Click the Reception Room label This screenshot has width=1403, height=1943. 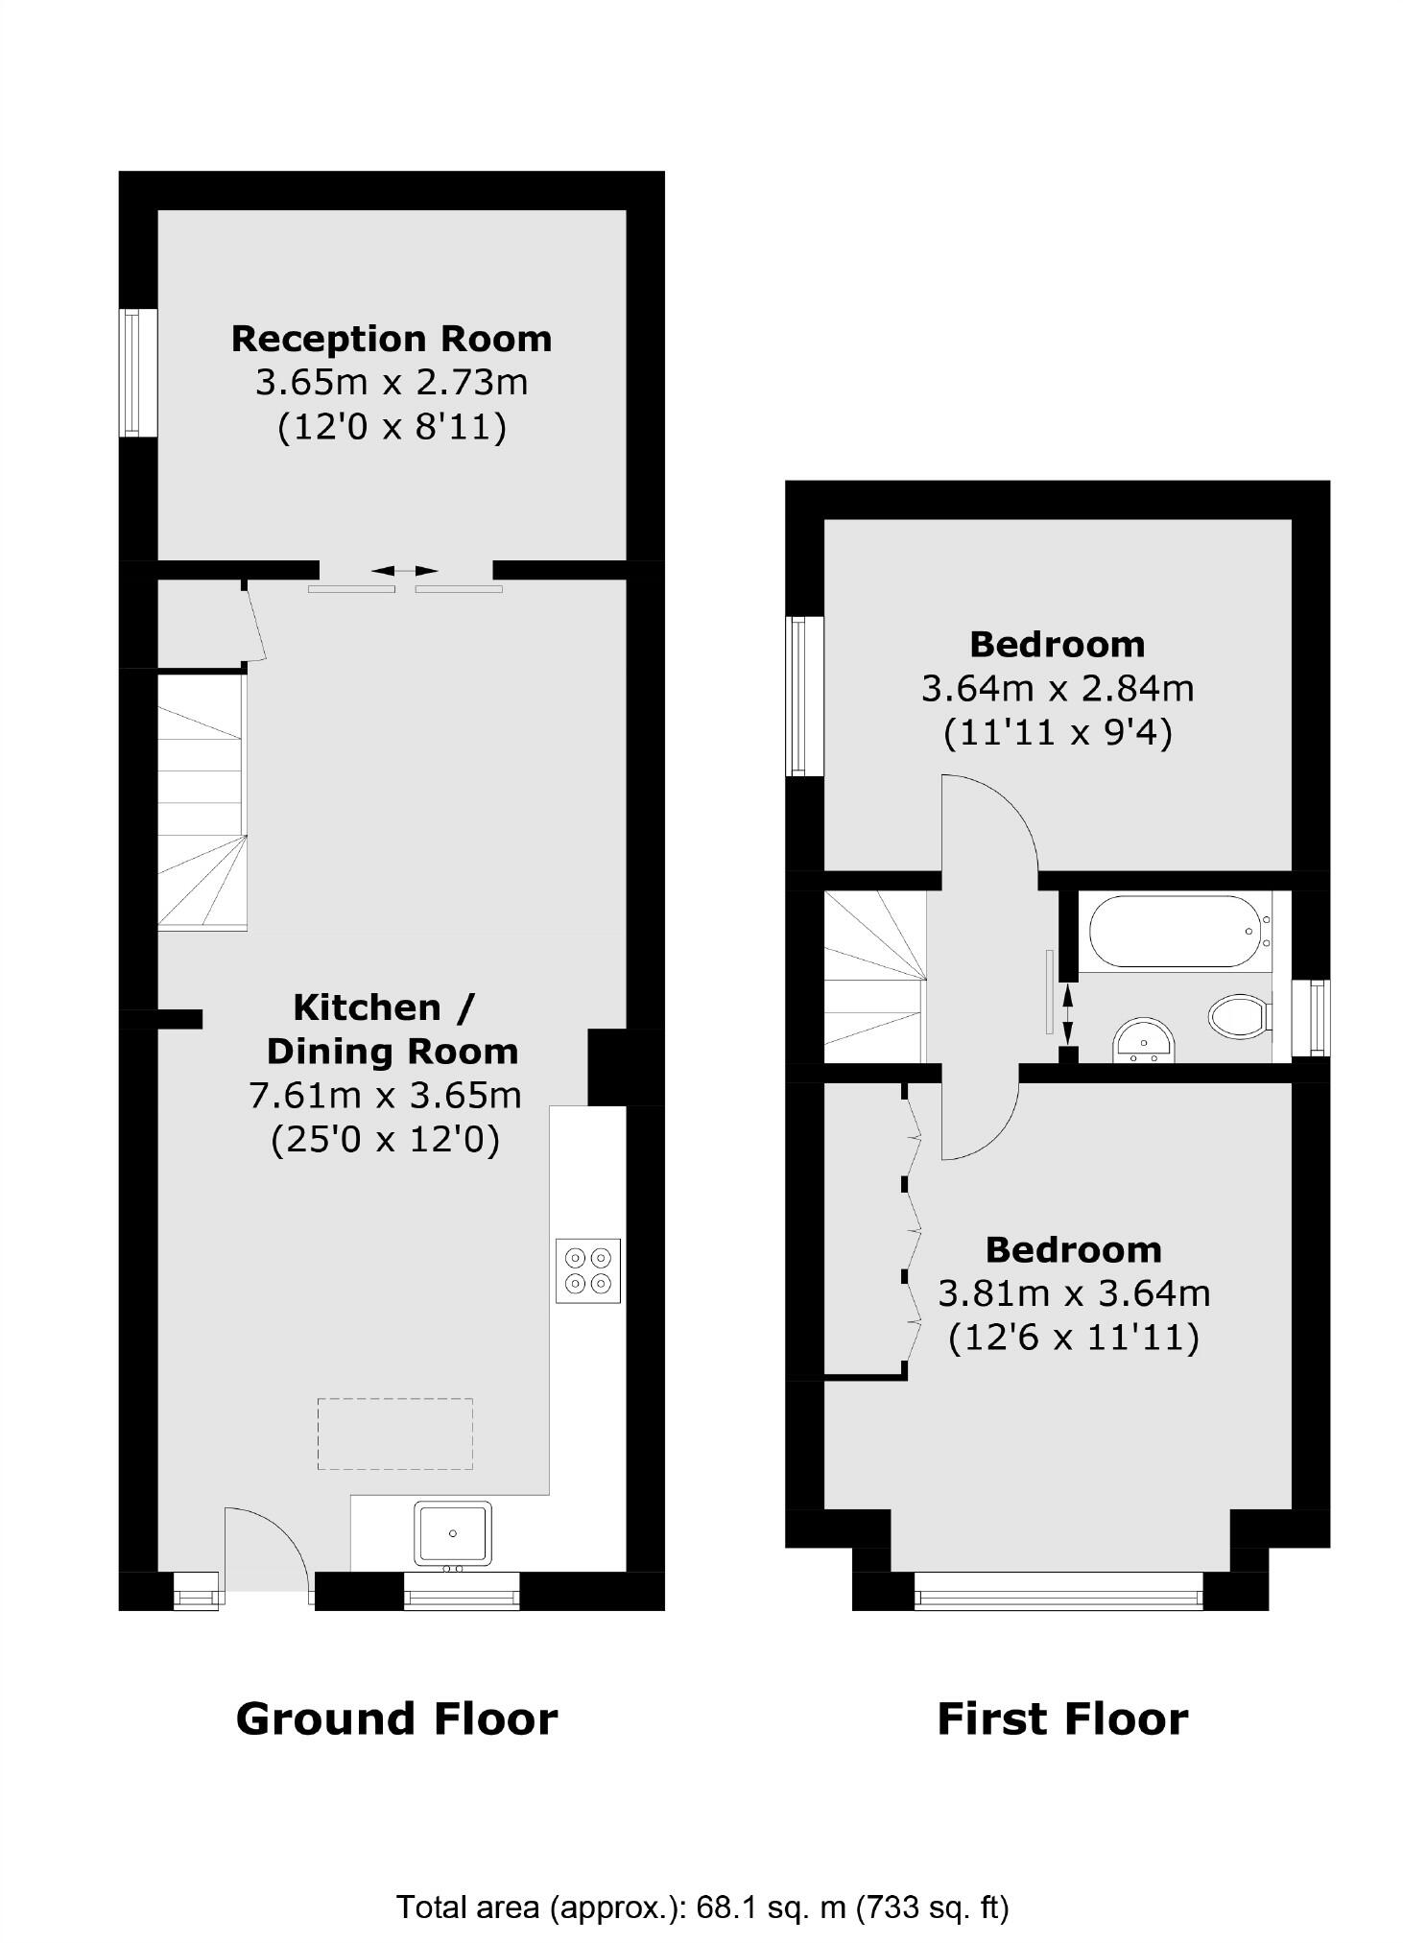pyautogui.click(x=391, y=339)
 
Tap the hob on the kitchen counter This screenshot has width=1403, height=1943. pyautogui.click(x=587, y=1269)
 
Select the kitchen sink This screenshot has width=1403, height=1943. pyautogui.click(x=452, y=1532)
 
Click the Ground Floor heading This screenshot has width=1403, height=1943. pyautogui.click(x=396, y=1718)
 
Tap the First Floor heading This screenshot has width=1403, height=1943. pyautogui.click(x=1061, y=1718)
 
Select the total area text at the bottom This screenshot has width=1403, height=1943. pyautogui.click(x=701, y=1880)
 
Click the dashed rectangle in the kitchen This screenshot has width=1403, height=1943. pyautogui.click(x=394, y=1434)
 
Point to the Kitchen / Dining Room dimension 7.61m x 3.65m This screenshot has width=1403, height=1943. pyautogui.click(x=385, y=1095)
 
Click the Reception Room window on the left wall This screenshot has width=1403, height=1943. pyautogui.click(x=138, y=372)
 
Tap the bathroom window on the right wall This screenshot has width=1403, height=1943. pyautogui.click(x=1311, y=1016)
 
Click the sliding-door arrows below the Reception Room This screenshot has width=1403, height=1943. pyautogui.click(x=404, y=571)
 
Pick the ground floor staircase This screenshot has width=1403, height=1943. pyautogui.click(x=202, y=802)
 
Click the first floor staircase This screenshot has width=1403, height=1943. pyautogui.click(x=874, y=977)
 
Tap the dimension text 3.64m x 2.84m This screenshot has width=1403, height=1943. pyautogui.click(x=1057, y=688)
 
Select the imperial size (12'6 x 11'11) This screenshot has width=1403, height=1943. pyautogui.click(x=1073, y=1337)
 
